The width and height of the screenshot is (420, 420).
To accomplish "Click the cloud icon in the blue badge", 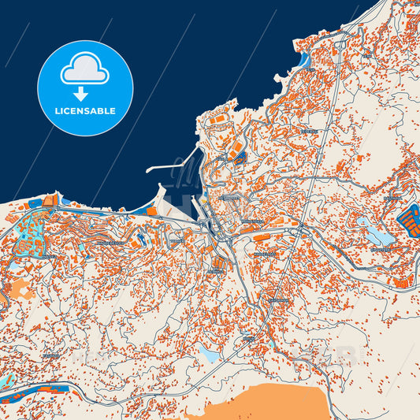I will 85,69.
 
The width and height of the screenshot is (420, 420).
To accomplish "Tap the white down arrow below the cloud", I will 85,93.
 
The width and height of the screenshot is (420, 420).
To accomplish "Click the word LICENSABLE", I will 85,111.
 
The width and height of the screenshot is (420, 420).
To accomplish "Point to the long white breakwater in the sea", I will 170,168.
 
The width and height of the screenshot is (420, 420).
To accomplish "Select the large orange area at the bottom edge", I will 268,402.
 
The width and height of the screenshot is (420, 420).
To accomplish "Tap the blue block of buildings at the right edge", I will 409,217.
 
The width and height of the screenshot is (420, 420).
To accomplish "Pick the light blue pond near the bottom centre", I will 209,355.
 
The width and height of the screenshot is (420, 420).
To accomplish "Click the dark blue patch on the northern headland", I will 240,158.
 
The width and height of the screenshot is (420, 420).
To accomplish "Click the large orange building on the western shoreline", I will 49,202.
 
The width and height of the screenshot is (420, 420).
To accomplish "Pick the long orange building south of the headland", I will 271,233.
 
